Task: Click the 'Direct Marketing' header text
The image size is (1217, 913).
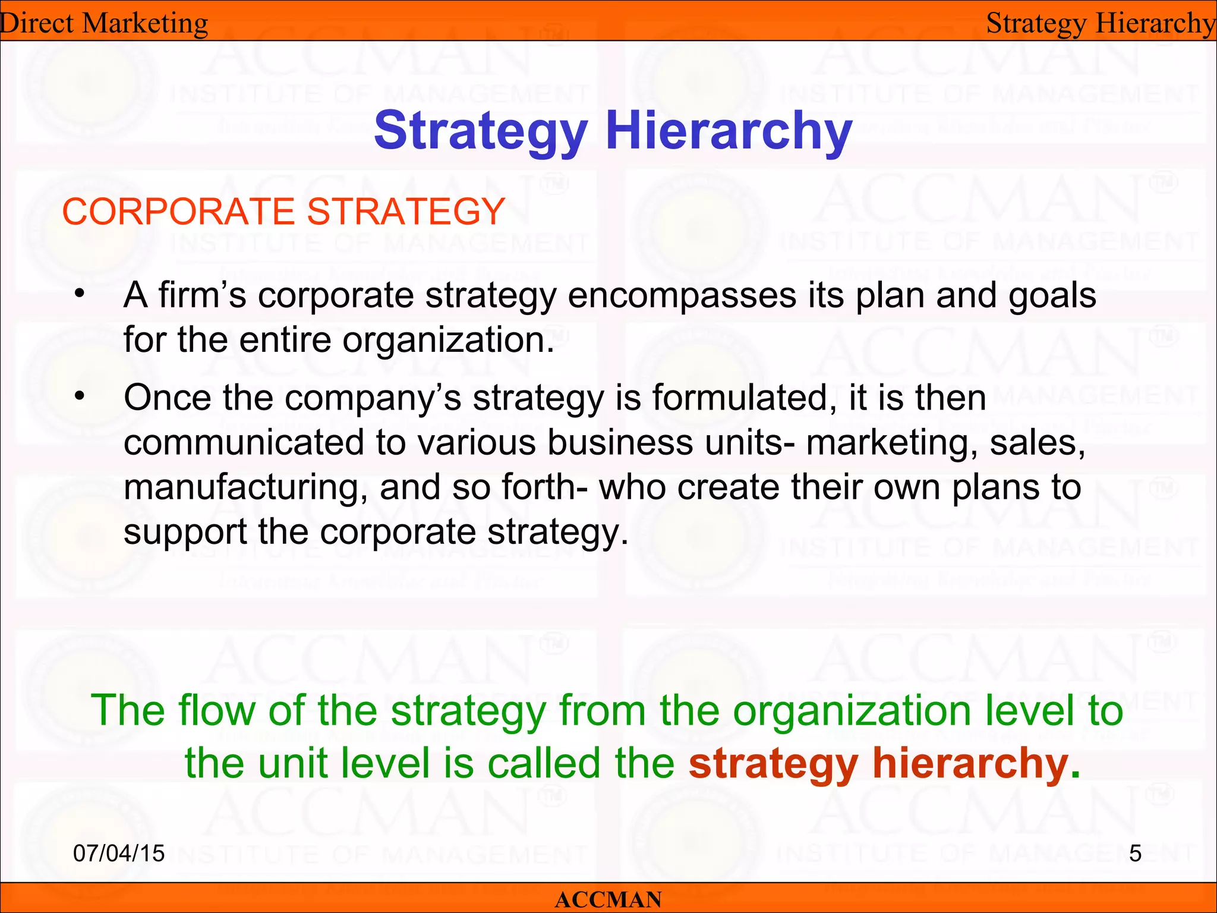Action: pyautogui.click(x=104, y=24)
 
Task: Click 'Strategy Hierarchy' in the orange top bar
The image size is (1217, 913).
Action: pyautogui.click(x=1101, y=24)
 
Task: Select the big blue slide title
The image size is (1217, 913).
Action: pyautogui.click(x=613, y=131)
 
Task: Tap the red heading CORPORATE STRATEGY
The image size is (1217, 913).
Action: pyautogui.click(x=283, y=212)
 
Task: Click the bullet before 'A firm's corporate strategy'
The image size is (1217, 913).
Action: pyautogui.click(x=80, y=295)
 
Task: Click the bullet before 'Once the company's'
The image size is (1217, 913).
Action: pyautogui.click(x=80, y=396)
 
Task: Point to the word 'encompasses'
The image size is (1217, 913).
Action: pyautogui.click(x=682, y=295)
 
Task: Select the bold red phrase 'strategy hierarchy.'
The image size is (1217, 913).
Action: pyautogui.click(x=884, y=763)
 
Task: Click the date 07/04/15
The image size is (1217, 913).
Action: pyautogui.click(x=119, y=853)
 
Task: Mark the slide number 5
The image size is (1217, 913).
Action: pyautogui.click(x=1135, y=854)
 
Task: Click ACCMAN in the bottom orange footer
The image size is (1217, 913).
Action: pyautogui.click(x=608, y=899)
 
